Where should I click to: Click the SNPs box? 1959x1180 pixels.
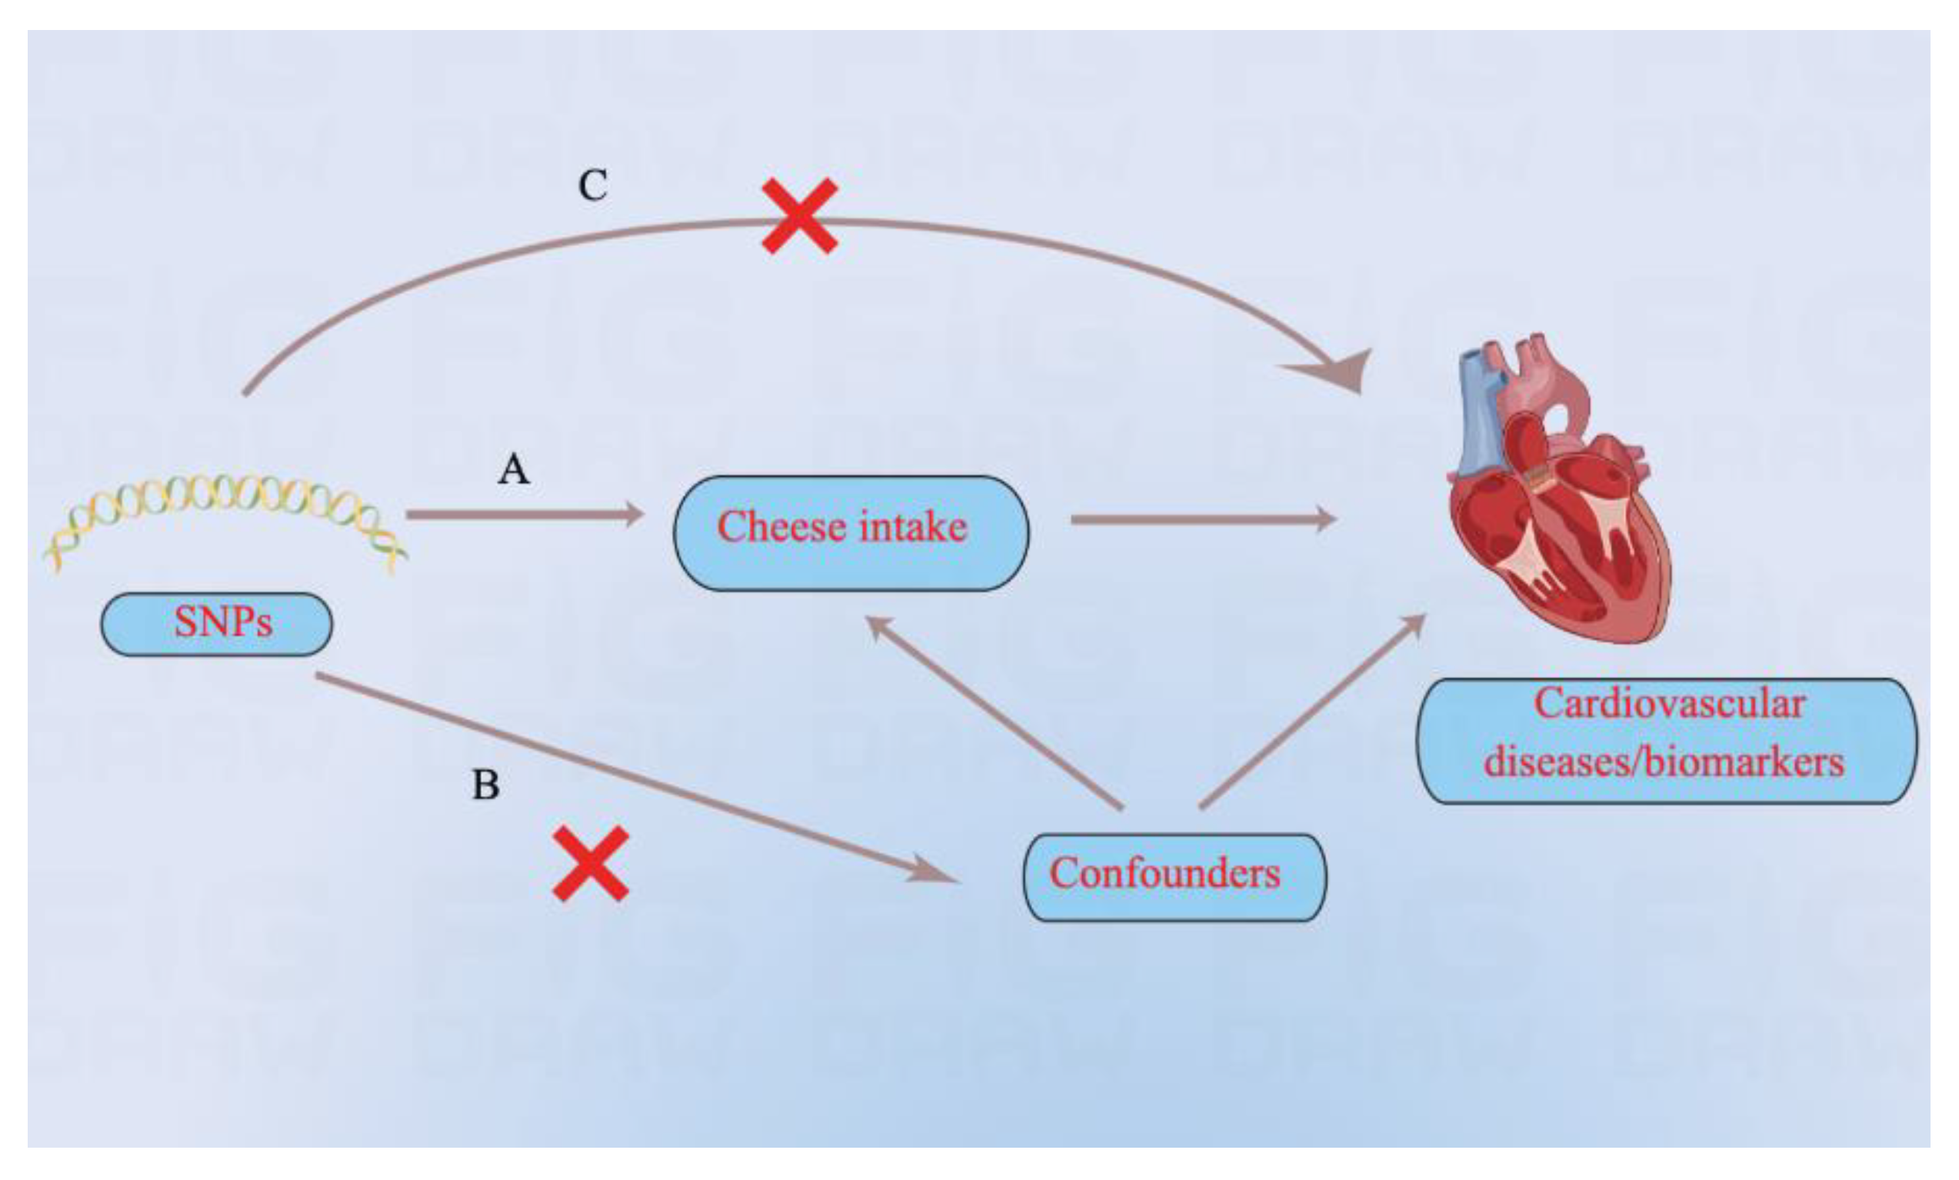216,623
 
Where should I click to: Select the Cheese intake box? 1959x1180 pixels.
851,532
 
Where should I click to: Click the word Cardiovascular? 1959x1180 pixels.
1668,704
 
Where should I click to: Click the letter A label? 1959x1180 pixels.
514,469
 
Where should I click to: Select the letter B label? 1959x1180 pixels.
486,785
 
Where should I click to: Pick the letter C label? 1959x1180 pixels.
593,186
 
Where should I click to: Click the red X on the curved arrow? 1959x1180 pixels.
799,216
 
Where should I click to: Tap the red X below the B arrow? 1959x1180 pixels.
591,864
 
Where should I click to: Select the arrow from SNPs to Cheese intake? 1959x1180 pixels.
525,515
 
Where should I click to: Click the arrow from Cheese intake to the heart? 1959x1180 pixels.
1201,519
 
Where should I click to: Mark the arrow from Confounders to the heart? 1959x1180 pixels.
1312,712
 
